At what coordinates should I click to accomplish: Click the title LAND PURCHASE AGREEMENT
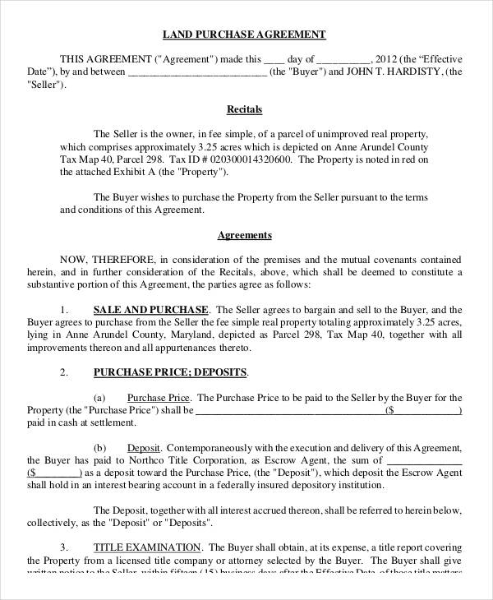[x=246, y=35]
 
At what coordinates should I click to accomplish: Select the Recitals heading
[x=244, y=108]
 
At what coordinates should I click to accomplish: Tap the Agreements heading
[x=244, y=235]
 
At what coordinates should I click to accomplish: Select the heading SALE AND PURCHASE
[x=150, y=309]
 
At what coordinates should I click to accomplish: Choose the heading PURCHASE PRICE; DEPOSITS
[x=170, y=372]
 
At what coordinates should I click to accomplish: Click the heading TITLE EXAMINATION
[x=146, y=547]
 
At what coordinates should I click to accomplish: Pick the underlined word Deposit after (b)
[x=144, y=447]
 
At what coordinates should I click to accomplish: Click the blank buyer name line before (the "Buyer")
[x=196, y=72]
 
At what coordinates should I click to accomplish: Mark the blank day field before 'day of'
[x=274, y=59]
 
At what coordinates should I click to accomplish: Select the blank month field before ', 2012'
[x=343, y=59]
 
